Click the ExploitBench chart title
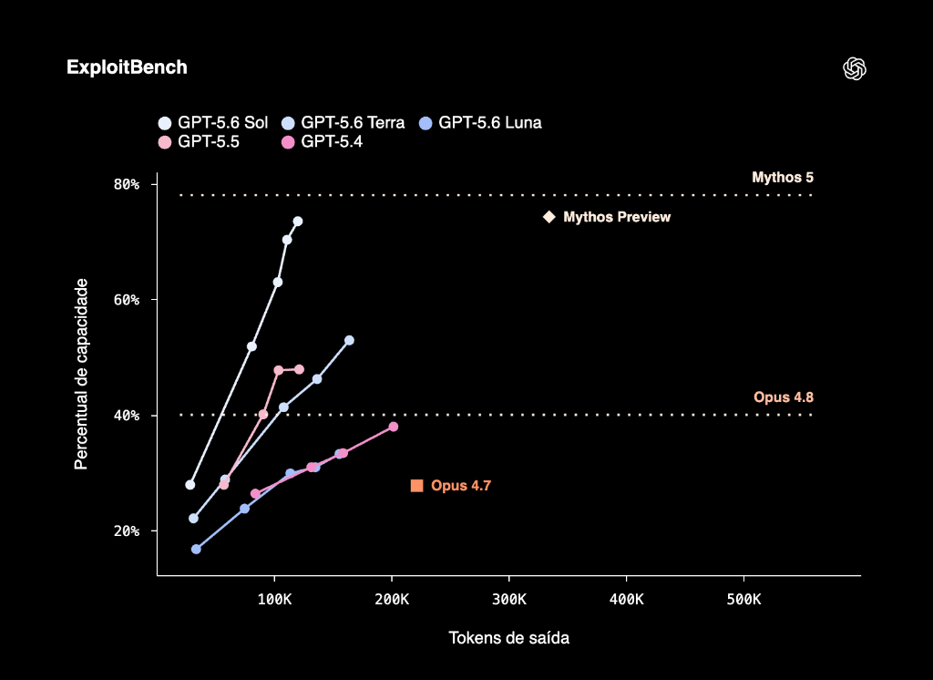click(127, 67)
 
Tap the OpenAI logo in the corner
click(855, 68)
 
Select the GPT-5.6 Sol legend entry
click(213, 123)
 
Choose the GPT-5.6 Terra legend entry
click(343, 123)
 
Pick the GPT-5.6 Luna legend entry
click(480, 123)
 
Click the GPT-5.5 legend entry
click(199, 141)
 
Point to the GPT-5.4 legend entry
click(322, 141)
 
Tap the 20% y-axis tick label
click(127, 531)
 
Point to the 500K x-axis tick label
click(743, 600)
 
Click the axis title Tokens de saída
click(508, 638)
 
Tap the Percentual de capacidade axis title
click(81, 374)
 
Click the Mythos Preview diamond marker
click(549, 217)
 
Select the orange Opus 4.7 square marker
click(417, 486)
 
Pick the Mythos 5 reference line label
click(783, 178)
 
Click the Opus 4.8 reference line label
click(783, 397)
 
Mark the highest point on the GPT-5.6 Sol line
click(298, 222)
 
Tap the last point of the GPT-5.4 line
click(394, 427)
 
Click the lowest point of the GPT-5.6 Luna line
click(196, 549)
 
